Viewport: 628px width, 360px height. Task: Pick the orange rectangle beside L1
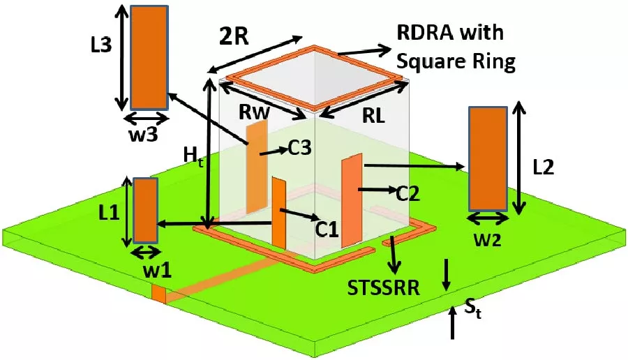[x=146, y=210]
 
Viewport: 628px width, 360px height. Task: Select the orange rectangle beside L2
[x=488, y=158]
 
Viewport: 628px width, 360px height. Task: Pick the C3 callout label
[x=298, y=148]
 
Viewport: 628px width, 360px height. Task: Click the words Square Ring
[x=456, y=62]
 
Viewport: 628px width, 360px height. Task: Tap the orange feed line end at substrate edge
[x=159, y=294]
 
